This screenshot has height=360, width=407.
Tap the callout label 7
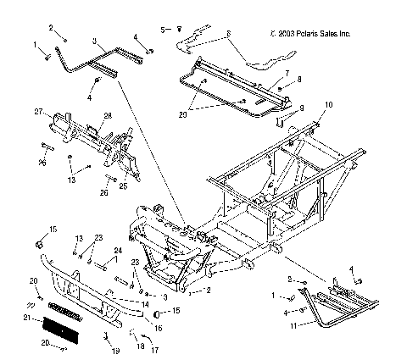[x=287, y=74]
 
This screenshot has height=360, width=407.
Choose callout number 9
[x=299, y=109]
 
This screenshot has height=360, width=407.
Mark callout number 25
[x=123, y=186]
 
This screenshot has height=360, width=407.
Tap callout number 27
[x=38, y=112]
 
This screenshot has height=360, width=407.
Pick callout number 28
[x=108, y=116]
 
